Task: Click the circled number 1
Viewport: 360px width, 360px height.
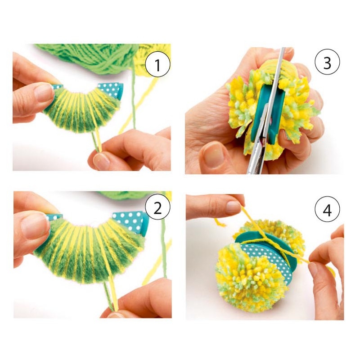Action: (x=158, y=65)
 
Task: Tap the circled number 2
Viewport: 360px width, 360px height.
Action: (x=158, y=208)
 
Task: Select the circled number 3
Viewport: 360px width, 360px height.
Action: (x=327, y=63)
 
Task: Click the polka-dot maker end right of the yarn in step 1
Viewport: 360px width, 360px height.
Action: (x=110, y=90)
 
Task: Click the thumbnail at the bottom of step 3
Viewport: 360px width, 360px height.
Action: (x=213, y=154)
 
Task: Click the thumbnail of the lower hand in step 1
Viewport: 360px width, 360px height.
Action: (x=101, y=160)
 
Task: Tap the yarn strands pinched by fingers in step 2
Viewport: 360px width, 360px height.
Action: (x=110, y=296)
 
